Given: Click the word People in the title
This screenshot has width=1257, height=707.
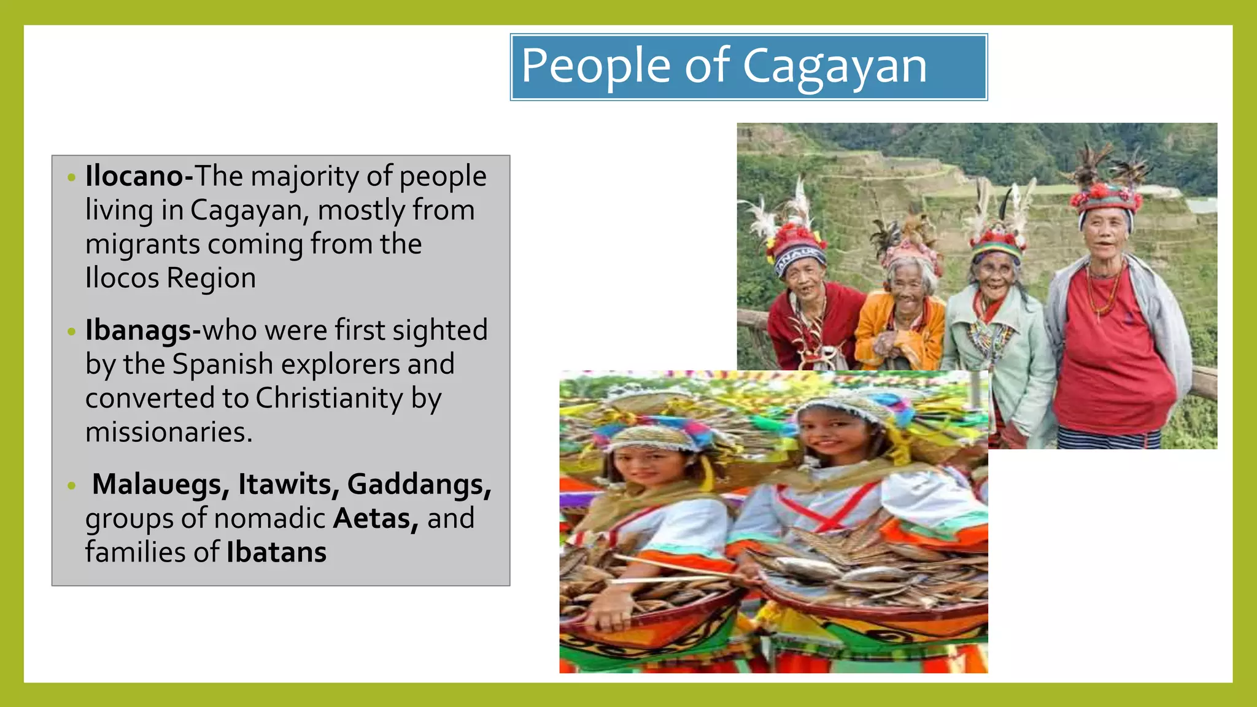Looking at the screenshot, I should [x=595, y=66].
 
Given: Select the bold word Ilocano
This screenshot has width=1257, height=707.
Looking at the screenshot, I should [x=135, y=176].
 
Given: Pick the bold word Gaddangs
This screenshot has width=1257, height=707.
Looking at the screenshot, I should [x=419, y=484].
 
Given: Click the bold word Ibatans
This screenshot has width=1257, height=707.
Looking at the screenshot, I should [x=276, y=552].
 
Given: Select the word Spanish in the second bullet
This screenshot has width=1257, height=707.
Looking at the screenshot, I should [x=222, y=365].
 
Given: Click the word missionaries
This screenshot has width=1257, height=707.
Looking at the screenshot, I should [x=168, y=432].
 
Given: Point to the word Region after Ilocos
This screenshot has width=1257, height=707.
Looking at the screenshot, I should [x=211, y=278].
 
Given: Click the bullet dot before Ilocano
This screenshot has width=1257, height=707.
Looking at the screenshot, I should [x=72, y=178].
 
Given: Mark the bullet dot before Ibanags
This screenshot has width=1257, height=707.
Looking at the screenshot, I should [x=72, y=332].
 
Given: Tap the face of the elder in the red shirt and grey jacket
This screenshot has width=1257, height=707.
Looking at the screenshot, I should [x=1104, y=234].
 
